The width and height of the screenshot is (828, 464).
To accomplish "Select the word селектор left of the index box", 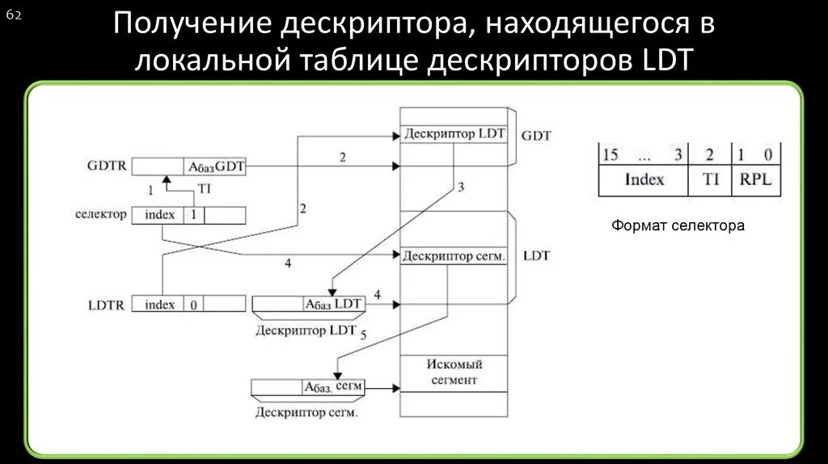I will pyautogui.click(x=100, y=214).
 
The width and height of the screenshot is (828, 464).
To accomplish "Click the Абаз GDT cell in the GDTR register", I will pyautogui.click(x=216, y=167).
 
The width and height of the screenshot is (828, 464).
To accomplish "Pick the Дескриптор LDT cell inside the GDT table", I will pyautogui.click(x=453, y=134).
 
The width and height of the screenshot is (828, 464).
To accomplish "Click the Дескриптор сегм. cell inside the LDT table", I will pyautogui.click(x=454, y=256).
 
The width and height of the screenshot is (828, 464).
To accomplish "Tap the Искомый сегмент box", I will pyautogui.click(x=454, y=373).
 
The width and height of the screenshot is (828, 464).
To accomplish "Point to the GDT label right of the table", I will pyautogui.click(x=536, y=136).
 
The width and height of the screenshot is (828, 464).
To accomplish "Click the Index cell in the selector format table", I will pyautogui.click(x=644, y=179).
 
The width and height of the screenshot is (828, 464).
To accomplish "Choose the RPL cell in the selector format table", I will pyautogui.click(x=755, y=179).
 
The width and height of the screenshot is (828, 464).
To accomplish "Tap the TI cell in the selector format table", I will pyautogui.click(x=710, y=179).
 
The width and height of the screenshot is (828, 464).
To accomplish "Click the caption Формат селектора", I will pyautogui.click(x=678, y=226).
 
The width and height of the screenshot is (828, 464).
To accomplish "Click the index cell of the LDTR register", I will pyautogui.click(x=159, y=305).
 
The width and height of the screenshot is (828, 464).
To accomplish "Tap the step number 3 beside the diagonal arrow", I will pyautogui.click(x=461, y=187).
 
